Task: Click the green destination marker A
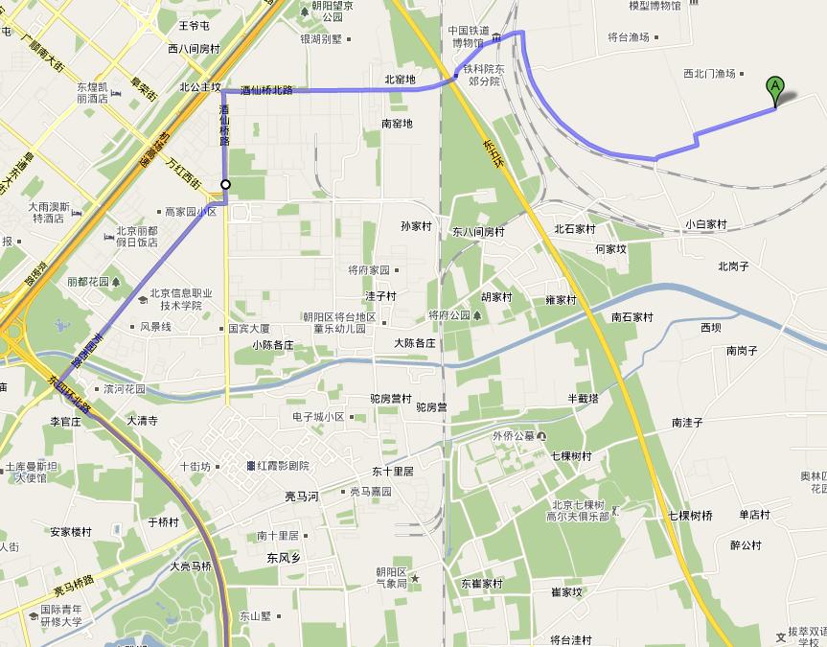point(775,90)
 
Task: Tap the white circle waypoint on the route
point(226,184)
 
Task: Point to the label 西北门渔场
point(709,73)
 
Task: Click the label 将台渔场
point(629,37)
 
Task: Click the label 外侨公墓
point(513,436)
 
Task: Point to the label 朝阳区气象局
point(392,577)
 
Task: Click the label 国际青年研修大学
point(61,614)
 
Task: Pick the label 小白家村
point(706,224)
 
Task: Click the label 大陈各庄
point(414,342)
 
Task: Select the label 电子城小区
point(318,417)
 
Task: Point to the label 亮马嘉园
point(370,492)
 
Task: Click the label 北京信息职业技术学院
point(180,299)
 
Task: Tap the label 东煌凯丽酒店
point(93,92)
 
